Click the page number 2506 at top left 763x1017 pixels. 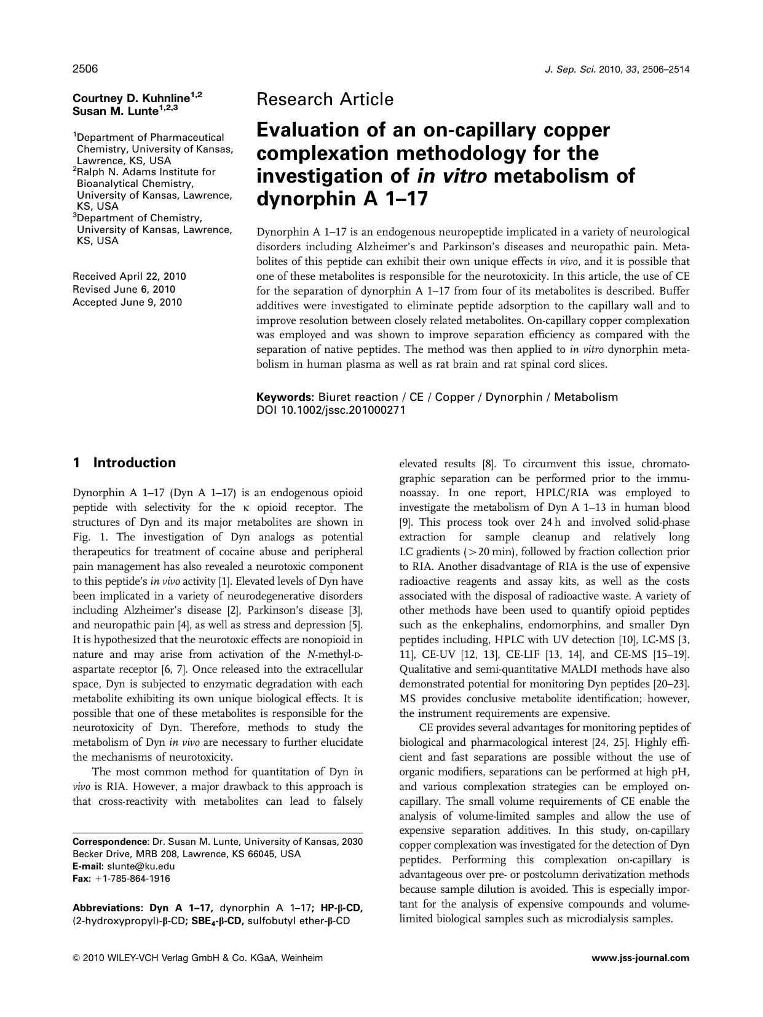click(85, 69)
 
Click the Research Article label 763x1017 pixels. click(325, 100)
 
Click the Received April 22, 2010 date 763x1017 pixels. click(129, 277)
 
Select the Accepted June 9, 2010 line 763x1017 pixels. click(127, 303)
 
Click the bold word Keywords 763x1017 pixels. click(285, 397)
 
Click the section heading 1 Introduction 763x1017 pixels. click(124, 463)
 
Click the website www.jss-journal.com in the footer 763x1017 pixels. click(640, 958)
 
